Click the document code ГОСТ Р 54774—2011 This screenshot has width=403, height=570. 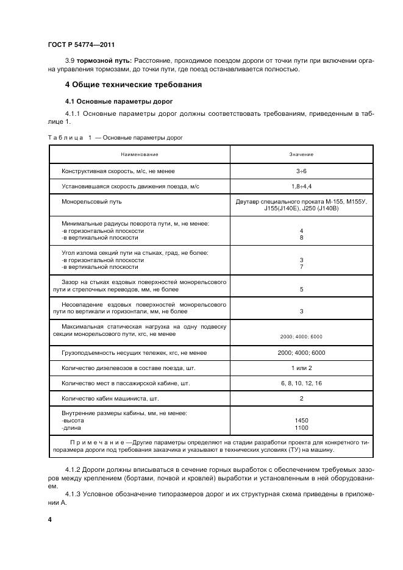point(80,45)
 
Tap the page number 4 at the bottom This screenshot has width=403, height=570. point(49,519)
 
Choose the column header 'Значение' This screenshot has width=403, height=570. point(301,154)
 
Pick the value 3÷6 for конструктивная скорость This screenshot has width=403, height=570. point(301,171)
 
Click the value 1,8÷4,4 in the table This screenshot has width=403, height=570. point(301,185)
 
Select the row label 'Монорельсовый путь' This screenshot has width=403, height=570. point(91,201)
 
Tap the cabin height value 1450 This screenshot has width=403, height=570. point(301,421)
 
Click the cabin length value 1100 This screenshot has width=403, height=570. point(301,428)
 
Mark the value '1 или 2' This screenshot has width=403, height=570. point(301,368)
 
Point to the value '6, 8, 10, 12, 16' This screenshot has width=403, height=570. point(301,383)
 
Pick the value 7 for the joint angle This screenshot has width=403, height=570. point(301,267)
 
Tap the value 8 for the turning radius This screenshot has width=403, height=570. point(301,238)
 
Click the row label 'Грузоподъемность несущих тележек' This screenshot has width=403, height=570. point(133,353)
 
